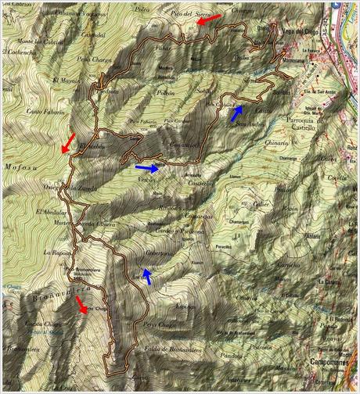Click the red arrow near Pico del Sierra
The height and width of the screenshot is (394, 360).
tap(207, 20)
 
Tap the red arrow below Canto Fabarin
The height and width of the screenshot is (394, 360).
tap(67, 142)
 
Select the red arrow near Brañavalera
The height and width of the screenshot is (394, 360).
tap(81, 305)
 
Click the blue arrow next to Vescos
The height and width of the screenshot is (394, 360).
tap(146, 167)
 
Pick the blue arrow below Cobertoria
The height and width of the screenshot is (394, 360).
tap(146, 275)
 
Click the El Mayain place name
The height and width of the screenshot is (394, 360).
tap(67, 80)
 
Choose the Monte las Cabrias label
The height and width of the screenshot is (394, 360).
tap(39, 41)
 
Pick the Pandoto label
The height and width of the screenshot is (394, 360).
tap(252, 357)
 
